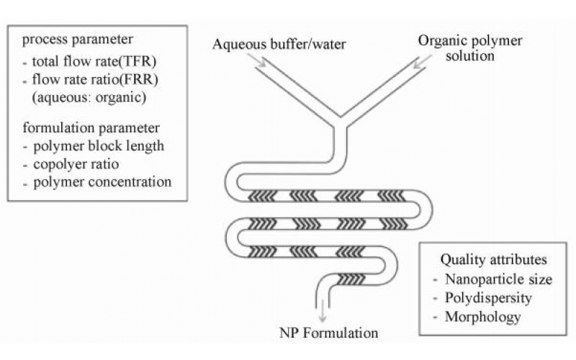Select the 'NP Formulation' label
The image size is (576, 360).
click(329, 333)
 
